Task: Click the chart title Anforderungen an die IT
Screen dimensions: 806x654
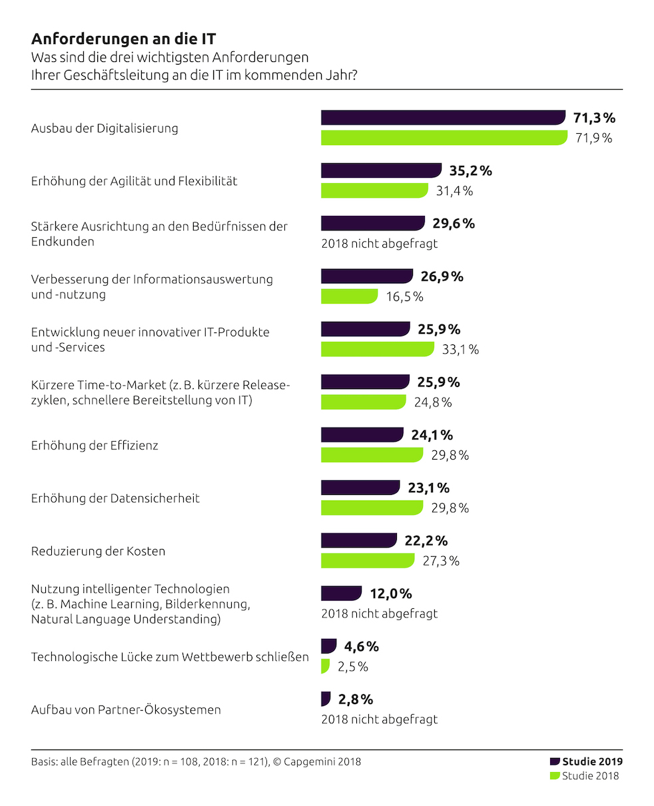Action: pyautogui.click(x=123, y=39)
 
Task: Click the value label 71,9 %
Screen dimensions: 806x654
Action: pyautogui.click(x=593, y=139)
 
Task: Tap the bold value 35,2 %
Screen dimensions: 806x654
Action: pyautogui.click(x=470, y=171)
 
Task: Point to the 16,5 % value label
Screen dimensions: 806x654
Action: pyautogui.click(x=404, y=297)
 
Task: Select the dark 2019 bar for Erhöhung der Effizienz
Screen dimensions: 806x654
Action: pyautogui.click(x=362, y=435)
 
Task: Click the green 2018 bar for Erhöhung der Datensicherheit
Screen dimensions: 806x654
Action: pyautogui.click(x=372, y=508)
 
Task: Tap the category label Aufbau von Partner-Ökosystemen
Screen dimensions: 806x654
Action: pyautogui.click(x=126, y=709)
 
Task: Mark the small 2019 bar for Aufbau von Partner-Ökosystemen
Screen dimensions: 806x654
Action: pyautogui.click(x=326, y=699)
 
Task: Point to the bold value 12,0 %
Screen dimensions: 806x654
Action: pyautogui.click(x=391, y=594)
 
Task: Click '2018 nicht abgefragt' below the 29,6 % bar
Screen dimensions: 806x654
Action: pyautogui.click(x=380, y=244)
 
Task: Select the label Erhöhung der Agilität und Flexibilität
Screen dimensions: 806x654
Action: pyautogui.click(x=134, y=181)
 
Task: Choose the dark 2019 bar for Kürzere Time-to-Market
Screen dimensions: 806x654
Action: pyautogui.click(x=365, y=382)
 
